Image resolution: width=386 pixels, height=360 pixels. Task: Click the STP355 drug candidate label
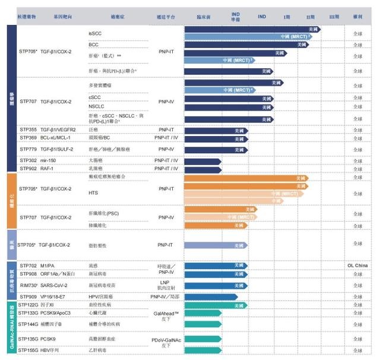[x=28, y=129]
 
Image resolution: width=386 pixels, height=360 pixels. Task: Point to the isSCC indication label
[x=95, y=34]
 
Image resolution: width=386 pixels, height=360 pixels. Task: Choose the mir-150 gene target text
[x=49, y=160]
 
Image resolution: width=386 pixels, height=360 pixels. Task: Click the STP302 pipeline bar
[x=203, y=161]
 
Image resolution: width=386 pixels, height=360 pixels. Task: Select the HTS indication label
[x=93, y=193]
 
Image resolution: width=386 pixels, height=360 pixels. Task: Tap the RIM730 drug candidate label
[x=28, y=286]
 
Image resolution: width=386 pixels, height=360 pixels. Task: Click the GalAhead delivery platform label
[x=166, y=312]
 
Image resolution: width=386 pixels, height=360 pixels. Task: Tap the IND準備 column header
[x=236, y=16]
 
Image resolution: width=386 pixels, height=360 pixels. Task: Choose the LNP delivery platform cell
[x=166, y=282]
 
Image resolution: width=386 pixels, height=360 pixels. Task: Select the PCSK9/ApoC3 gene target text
[x=55, y=312]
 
